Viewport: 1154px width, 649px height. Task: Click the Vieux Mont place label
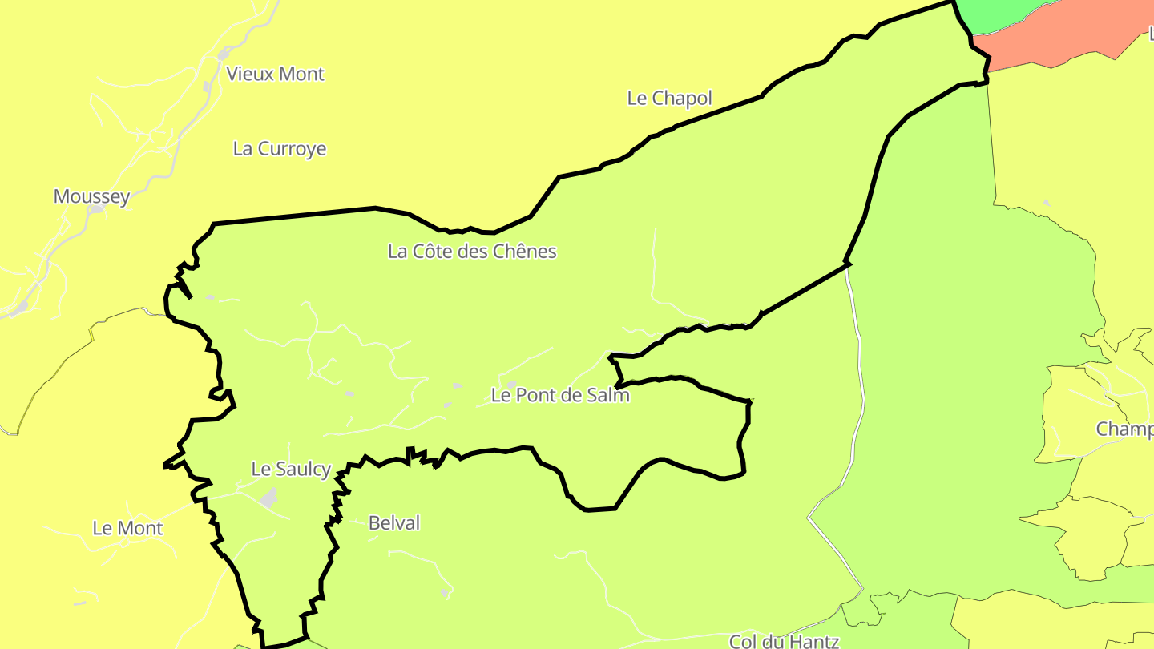[x=275, y=74]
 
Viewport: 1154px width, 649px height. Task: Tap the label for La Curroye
[x=280, y=148]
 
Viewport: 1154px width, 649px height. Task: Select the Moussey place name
[x=91, y=196]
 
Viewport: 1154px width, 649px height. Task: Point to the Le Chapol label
[x=669, y=98]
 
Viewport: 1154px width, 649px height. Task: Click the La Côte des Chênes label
[x=472, y=251]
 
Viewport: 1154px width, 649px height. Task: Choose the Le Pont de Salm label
[x=560, y=395]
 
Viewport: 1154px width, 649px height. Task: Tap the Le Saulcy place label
[x=291, y=469]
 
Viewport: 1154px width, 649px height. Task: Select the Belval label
[x=393, y=523]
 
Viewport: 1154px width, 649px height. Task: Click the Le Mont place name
[x=127, y=528]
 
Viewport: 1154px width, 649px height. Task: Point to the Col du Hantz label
[x=784, y=641]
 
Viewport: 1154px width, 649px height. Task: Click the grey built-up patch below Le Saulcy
[x=268, y=498]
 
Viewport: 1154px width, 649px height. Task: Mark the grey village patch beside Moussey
[x=97, y=209]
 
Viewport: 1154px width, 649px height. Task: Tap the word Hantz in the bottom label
[x=813, y=641]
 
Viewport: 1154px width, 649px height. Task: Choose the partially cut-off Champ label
[x=1124, y=429]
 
